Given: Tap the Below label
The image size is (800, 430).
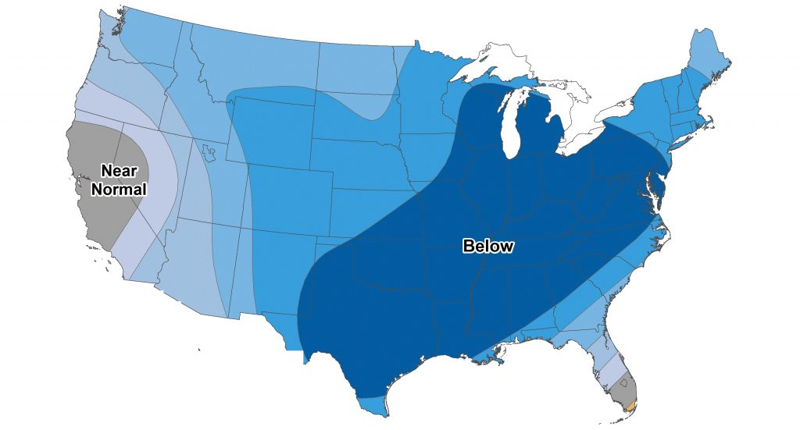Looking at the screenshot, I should click(488, 247).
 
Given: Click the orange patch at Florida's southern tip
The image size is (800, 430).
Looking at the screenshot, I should click(631, 404).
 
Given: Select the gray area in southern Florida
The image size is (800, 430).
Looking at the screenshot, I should click(625, 387).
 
